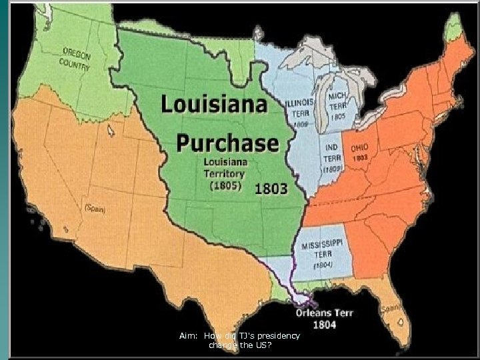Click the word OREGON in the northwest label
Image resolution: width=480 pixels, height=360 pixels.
click(77, 53)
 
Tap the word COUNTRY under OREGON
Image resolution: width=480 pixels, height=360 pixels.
click(75, 64)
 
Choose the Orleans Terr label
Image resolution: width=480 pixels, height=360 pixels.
click(325, 312)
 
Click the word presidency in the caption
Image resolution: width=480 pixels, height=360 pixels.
click(277, 335)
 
